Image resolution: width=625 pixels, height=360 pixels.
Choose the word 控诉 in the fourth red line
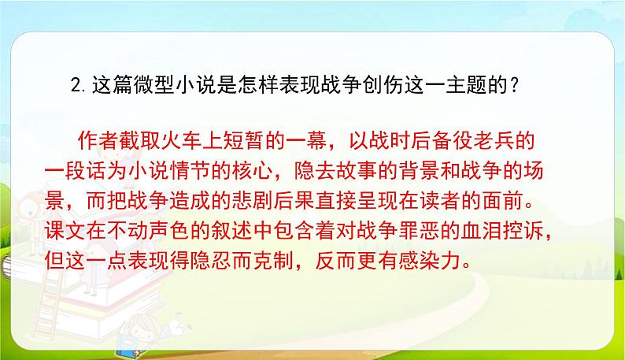(501, 225)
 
